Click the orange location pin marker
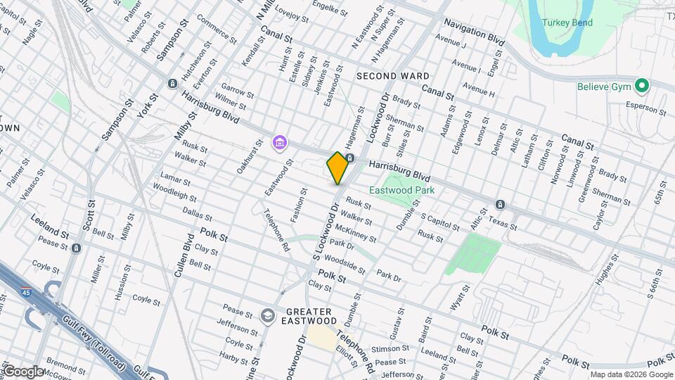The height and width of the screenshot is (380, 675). click(x=337, y=168)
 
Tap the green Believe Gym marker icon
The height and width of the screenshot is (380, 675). click(x=641, y=87)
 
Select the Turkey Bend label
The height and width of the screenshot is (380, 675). click(x=567, y=23)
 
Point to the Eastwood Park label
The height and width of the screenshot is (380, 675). click(x=402, y=190)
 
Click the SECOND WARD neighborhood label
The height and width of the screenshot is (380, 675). click(x=392, y=75)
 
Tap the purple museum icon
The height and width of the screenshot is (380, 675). click(x=279, y=144)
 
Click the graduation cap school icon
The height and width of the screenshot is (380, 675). click(x=266, y=316)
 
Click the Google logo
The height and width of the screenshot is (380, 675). click(x=23, y=372)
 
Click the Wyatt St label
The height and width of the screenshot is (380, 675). click(x=460, y=298)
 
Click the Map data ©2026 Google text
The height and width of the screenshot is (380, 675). click(x=631, y=374)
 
